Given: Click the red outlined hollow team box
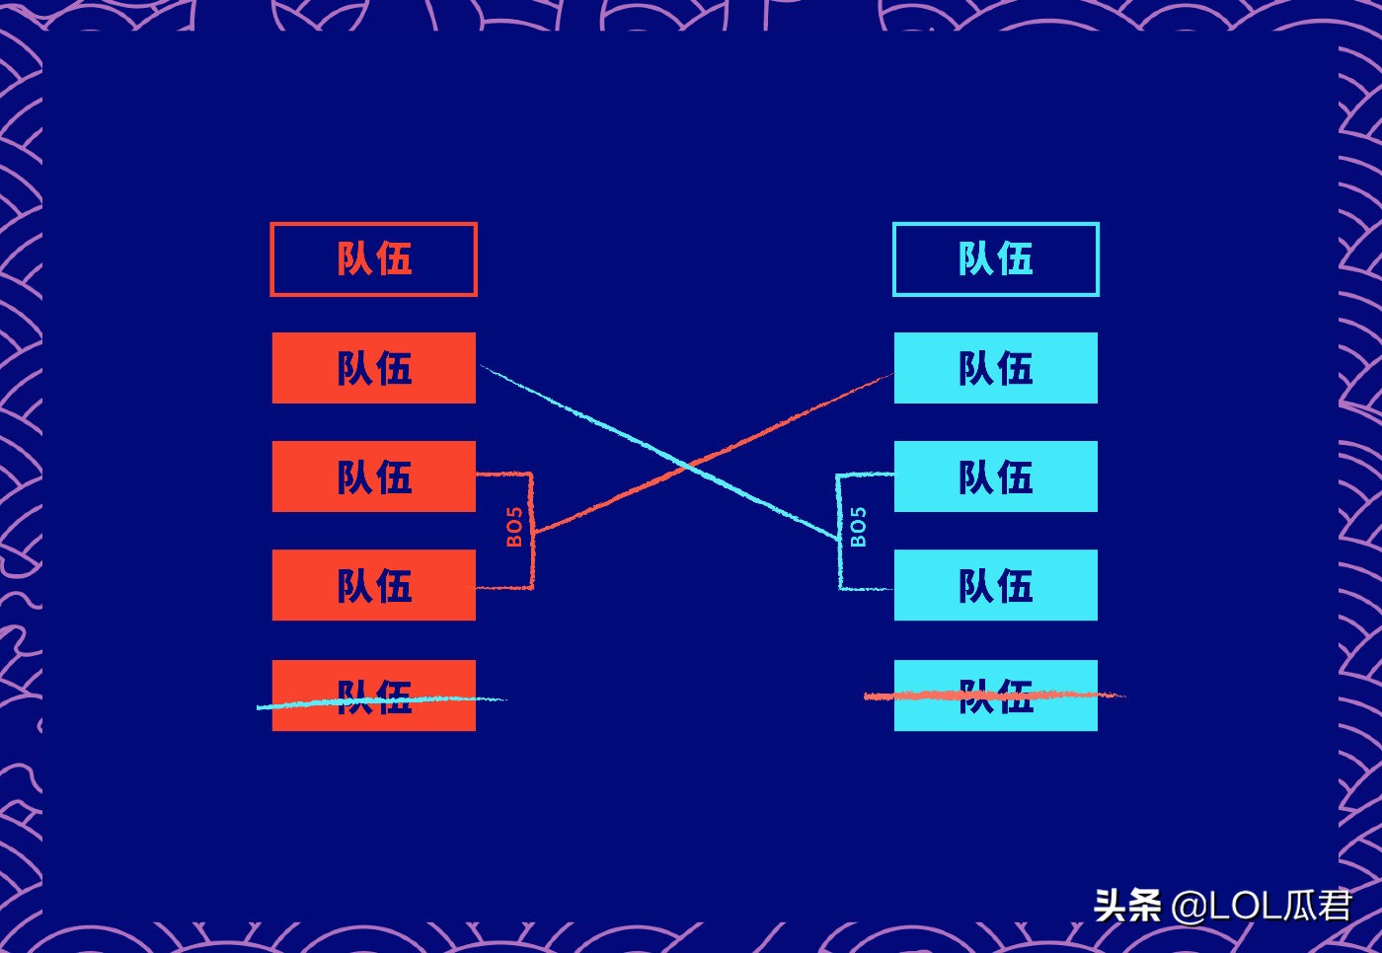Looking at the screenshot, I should click(373, 259).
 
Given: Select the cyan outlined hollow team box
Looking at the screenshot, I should click(995, 259).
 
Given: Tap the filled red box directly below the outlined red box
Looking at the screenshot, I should click(373, 368).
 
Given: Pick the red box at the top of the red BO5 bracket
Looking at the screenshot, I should click(373, 476).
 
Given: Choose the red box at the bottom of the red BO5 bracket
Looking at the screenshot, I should click(373, 585).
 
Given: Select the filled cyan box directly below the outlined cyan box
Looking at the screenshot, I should click(995, 368).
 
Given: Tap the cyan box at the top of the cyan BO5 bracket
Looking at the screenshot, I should click(995, 476).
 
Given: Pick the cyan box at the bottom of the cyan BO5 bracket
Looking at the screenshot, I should click(995, 585).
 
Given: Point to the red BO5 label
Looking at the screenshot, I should click(514, 527).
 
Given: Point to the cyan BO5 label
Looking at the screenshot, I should click(858, 527).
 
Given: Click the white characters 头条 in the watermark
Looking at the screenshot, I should click(1127, 905).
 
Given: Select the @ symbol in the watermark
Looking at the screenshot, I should click(1189, 906).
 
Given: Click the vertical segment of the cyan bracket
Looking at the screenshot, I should click(838, 562).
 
